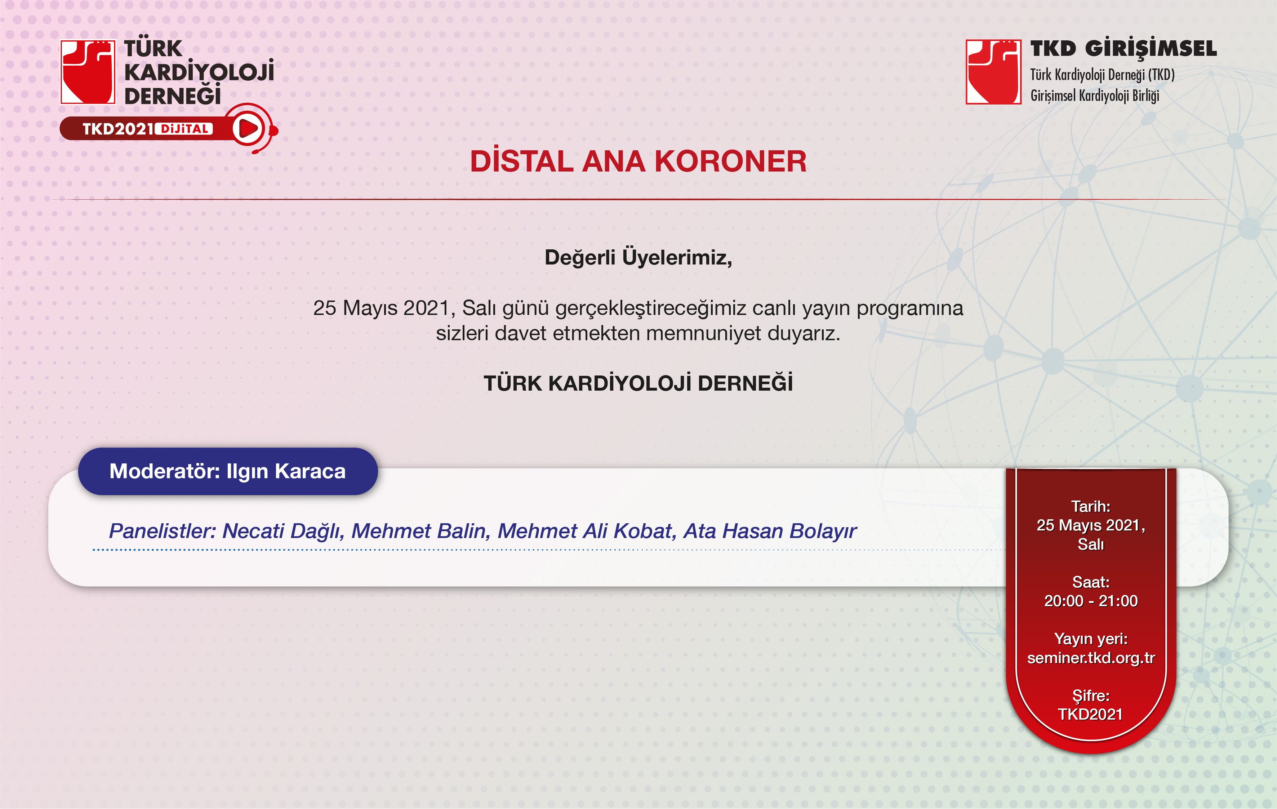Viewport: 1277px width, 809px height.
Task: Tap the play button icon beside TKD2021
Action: pyautogui.click(x=248, y=128)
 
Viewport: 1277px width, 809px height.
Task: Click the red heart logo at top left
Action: pyautogui.click(x=88, y=72)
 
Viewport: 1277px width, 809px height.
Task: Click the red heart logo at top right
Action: pyautogui.click(x=993, y=72)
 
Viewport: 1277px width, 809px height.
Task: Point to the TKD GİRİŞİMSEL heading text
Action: pyautogui.click(x=1123, y=48)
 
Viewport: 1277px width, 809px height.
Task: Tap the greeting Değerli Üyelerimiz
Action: pyautogui.click(x=638, y=257)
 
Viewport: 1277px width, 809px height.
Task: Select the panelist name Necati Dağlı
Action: pyautogui.click(x=283, y=531)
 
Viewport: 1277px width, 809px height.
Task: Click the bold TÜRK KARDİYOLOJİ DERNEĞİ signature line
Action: pyautogui.click(x=638, y=383)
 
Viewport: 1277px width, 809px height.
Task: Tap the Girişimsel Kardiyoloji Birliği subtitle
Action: pyautogui.click(x=1095, y=96)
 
